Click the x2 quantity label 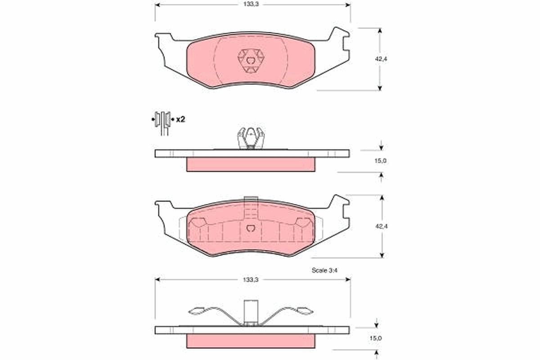pyautogui.click(x=181, y=120)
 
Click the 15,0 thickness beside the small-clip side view pyautogui.click(x=381, y=161)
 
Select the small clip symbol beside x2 pyautogui.click(x=162, y=120)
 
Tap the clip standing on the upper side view pyautogui.click(x=250, y=137)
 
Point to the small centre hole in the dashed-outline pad pyautogui.click(x=251, y=228)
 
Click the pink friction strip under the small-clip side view pyautogui.click(x=251, y=164)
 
